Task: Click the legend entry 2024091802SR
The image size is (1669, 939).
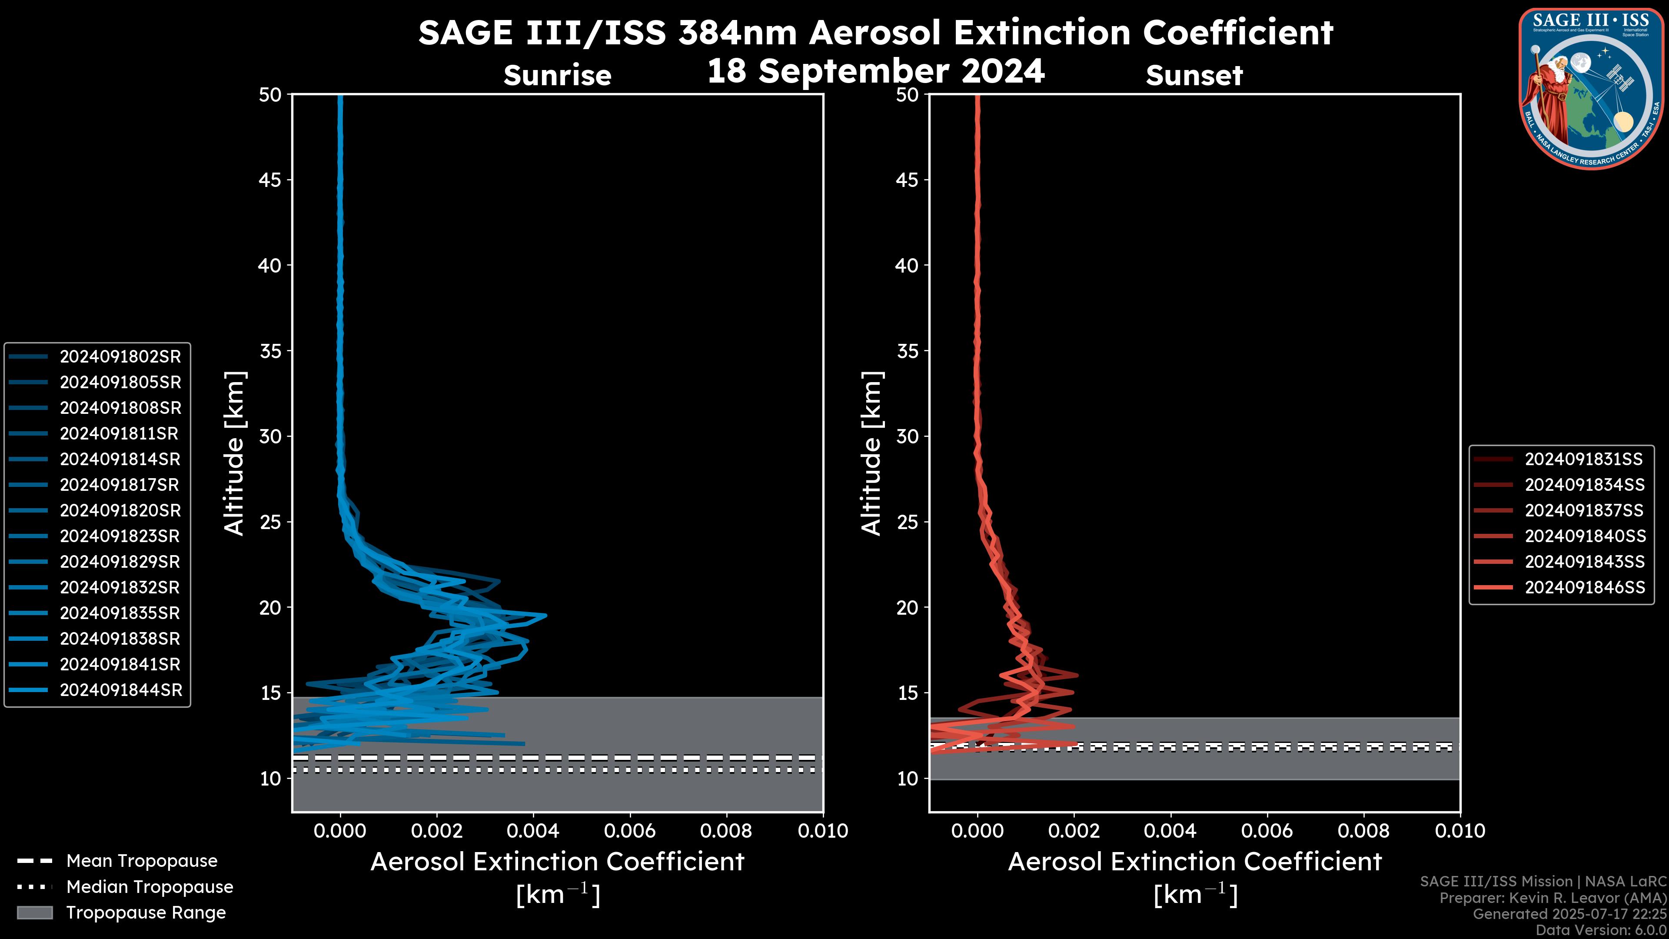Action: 120,356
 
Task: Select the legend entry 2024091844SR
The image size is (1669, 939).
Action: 120,690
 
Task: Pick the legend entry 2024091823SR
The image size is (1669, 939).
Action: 120,536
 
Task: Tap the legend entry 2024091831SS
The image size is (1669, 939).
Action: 1583,459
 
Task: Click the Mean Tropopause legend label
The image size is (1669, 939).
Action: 142,861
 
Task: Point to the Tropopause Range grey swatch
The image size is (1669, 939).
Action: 34,912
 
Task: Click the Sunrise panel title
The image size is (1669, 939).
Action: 557,75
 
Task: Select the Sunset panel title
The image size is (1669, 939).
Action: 1194,75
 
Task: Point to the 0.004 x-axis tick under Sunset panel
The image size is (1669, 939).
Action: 1170,830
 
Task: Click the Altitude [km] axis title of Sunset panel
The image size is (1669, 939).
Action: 871,453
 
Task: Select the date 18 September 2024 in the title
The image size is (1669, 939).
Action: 875,70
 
